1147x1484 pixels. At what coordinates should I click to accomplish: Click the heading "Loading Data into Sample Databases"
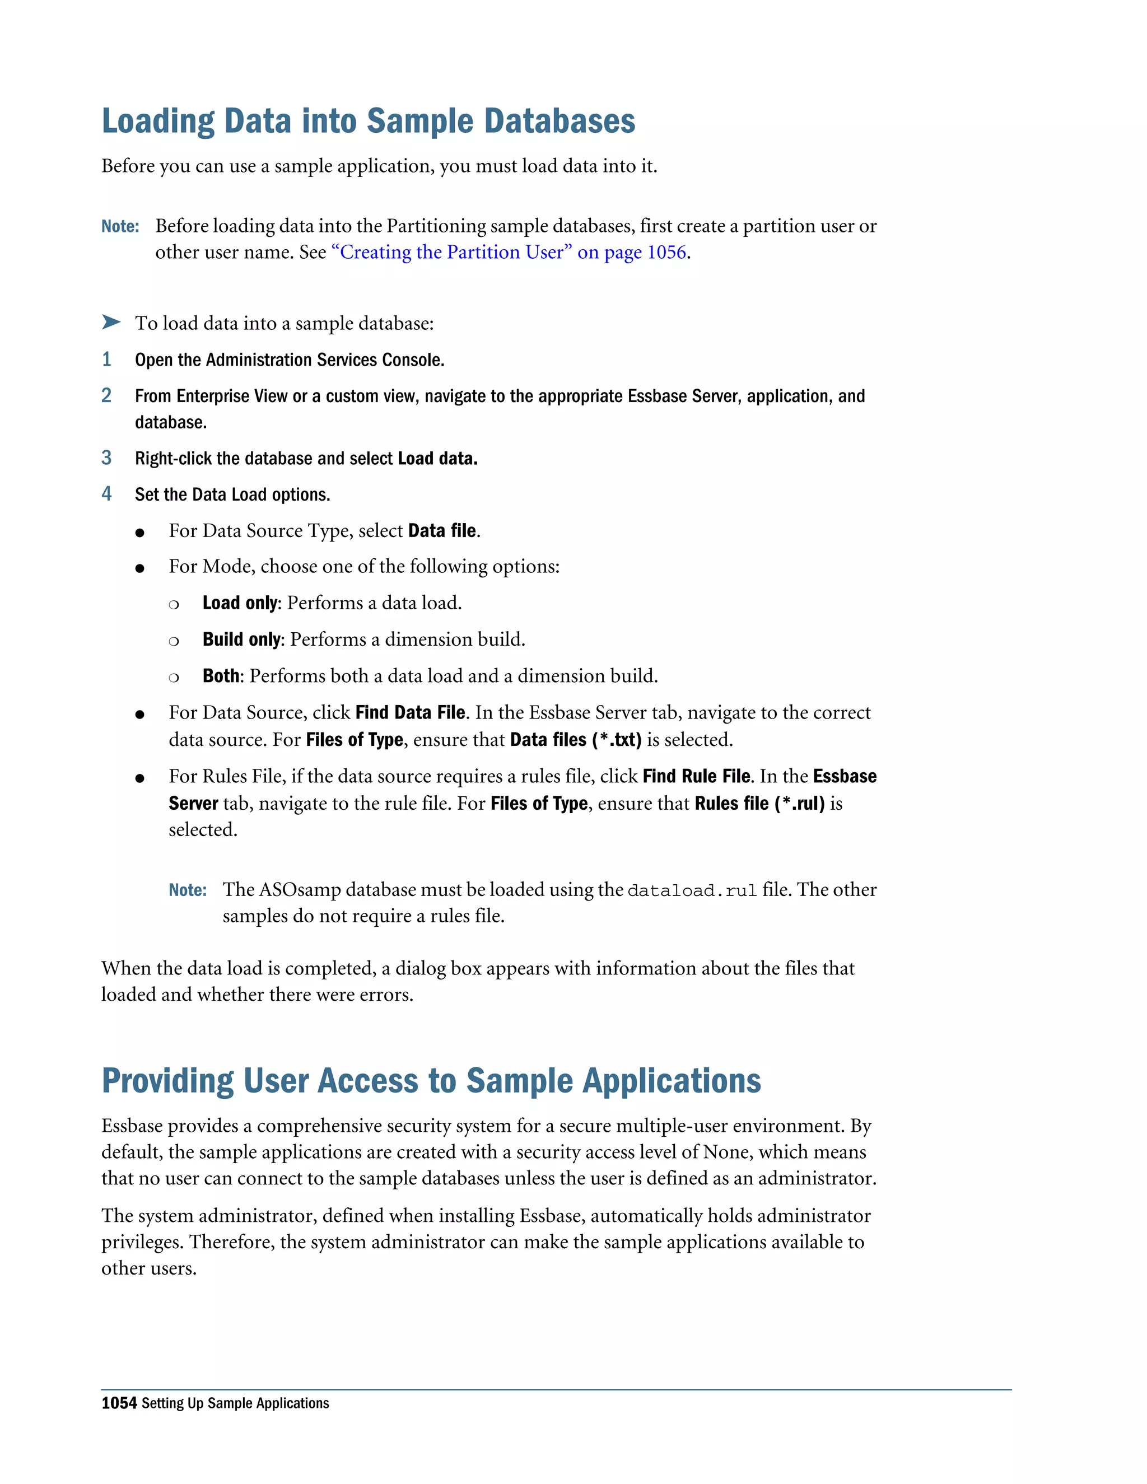pos(369,122)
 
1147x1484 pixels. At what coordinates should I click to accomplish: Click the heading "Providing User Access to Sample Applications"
pos(431,1081)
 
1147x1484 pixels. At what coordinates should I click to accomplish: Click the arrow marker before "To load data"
pos(111,322)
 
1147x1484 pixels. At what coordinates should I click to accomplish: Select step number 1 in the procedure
pos(106,360)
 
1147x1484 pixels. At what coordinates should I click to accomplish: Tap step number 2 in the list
pos(106,395)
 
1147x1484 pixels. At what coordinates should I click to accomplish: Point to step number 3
pos(106,458)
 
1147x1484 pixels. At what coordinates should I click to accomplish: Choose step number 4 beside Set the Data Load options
pos(106,494)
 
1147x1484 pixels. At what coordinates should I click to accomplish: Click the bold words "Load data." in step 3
pos(437,459)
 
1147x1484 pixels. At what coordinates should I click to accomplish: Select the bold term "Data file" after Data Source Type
pos(442,531)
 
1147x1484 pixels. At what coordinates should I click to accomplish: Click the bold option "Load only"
pos(240,603)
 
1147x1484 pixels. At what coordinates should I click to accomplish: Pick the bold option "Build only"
pos(241,640)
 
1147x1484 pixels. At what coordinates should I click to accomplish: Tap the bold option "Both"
pos(221,676)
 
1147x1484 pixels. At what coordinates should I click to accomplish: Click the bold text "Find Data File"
pos(411,713)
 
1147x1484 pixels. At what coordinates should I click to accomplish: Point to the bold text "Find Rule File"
pos(697,777)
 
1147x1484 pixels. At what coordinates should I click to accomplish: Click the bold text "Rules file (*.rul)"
pos(759,804)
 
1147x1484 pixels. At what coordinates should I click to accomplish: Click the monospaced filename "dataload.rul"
pos(692,891)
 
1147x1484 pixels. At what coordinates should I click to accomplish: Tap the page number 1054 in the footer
pos(119,1403)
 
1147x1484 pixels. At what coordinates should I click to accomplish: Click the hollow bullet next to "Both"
pos(174,678)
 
